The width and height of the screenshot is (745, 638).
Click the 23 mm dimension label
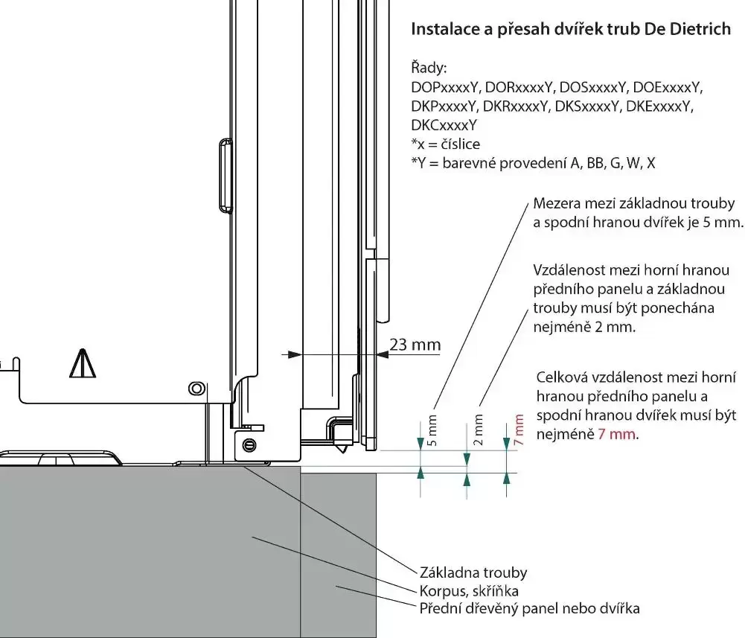(x=415, y=345)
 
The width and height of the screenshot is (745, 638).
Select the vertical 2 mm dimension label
(x=479, y=430)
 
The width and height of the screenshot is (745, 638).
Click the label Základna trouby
(x=473, y=572)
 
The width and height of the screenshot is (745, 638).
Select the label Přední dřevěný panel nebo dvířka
(x=530, y=608)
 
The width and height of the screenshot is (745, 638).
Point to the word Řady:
(x=429, y=69)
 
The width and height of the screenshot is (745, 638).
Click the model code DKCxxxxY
(x=444, y=125)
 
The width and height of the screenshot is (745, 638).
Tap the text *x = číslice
(x=446, y=144)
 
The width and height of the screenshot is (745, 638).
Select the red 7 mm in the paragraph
(x=617, y=433)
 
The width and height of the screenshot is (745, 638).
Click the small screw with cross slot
(x=249, y=444)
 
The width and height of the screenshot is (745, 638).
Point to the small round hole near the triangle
(x=196, y=388)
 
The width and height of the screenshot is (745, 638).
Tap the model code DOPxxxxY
(x=444, y=88)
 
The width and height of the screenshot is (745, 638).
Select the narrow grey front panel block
(x=338, y=555)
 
